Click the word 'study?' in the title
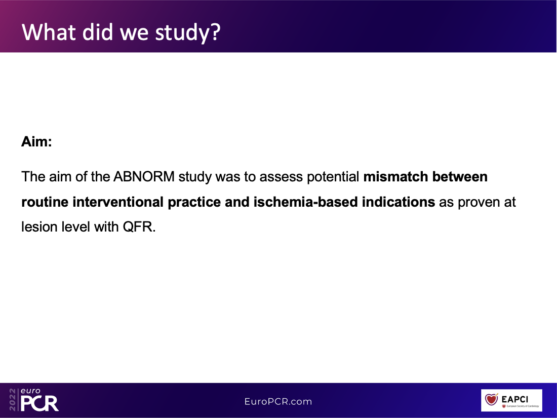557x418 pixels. tap(188, 32)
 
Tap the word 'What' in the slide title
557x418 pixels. tap(48, 31)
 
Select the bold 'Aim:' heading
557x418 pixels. tap(36, 141)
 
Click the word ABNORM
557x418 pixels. tap(144, 177)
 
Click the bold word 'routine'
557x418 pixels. tap(45, 202)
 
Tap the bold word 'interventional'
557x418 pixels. tap(118, 202)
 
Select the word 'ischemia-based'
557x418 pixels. tap(305, 202)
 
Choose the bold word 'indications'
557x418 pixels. tap(398, 202)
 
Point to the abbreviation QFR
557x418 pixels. tap(139, 227)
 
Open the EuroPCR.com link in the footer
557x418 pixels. tap(278, 402)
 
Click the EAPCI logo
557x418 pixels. tap(511, 400)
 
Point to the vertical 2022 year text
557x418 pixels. tap(13, 400)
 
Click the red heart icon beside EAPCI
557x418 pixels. tap(492, 398)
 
